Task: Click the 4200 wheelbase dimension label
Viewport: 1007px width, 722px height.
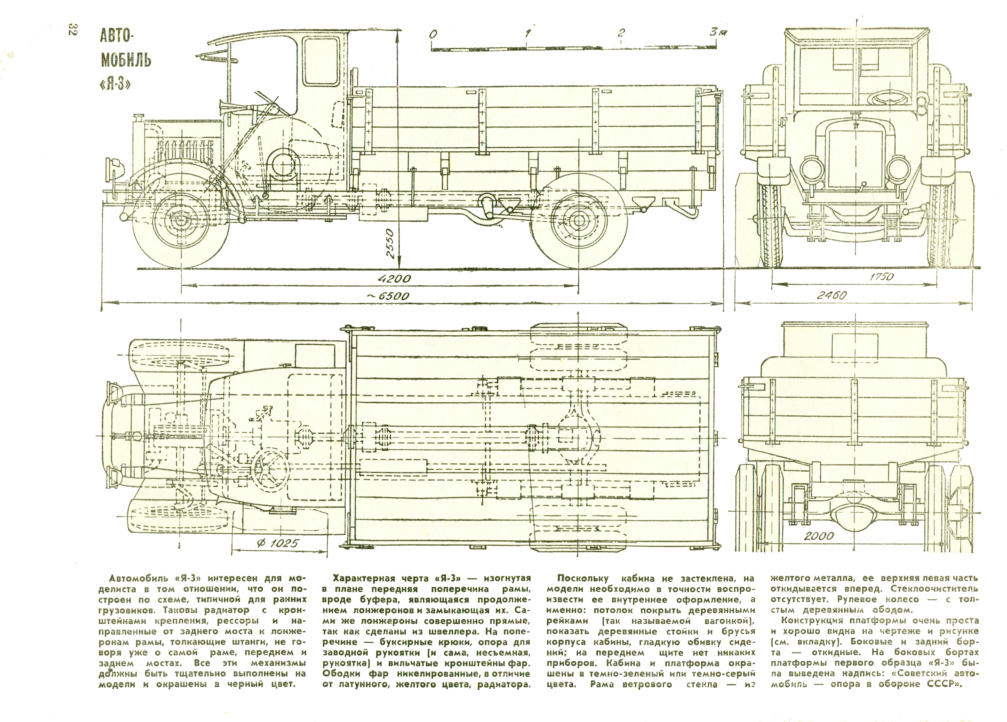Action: pyautogui.click(x=394, y=279)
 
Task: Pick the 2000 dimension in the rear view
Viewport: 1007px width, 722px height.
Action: pyautogui.click(x=819, y=536)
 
